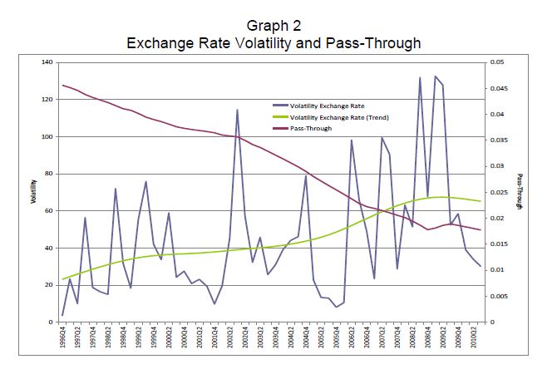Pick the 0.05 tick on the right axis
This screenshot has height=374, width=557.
click(497, 62)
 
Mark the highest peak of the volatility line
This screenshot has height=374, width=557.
click(435, 76)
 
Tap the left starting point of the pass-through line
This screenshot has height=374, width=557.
click(62, 85)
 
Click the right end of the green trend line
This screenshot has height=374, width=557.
click(481, 201)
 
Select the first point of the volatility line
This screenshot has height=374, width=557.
click(62, 315)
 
